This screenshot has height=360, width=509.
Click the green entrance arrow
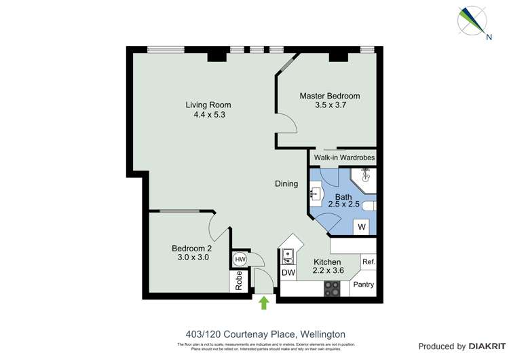264,303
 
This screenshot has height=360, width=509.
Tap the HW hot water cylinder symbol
240,259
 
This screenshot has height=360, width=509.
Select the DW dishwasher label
288,273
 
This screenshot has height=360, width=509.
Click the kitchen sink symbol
288,256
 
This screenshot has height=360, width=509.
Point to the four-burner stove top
332,288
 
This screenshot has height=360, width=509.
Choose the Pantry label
363,285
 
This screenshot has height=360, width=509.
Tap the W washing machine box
362,227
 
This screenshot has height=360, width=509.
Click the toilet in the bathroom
369,205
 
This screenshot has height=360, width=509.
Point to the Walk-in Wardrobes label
344,158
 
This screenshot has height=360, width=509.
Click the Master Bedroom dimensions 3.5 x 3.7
330,105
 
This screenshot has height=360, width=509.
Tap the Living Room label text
208,105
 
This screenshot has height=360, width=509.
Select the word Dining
286,183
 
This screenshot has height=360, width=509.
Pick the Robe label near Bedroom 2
239,281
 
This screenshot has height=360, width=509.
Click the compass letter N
488,37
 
